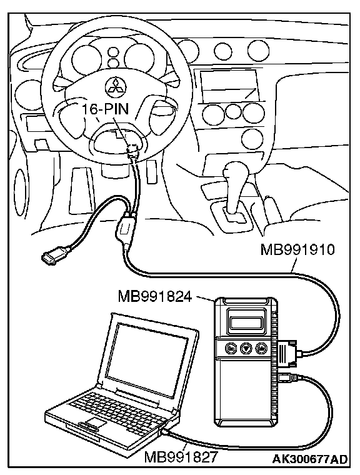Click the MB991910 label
pyautogui.click(x=297, y=250)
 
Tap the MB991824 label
pyautogui.click(x=155, y=296)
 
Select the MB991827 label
pyautogui.click(x=181, y=457)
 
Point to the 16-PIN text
pyautogui.click(x=106, y=109)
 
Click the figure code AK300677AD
pyautogui.click(x=310, y=459)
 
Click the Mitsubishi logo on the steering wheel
pyautogui.click(x=114, y=87)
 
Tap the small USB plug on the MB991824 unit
pyautogui.click(x=286, y=378)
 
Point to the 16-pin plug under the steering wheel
pyautogui.click(x=132, y=150)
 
